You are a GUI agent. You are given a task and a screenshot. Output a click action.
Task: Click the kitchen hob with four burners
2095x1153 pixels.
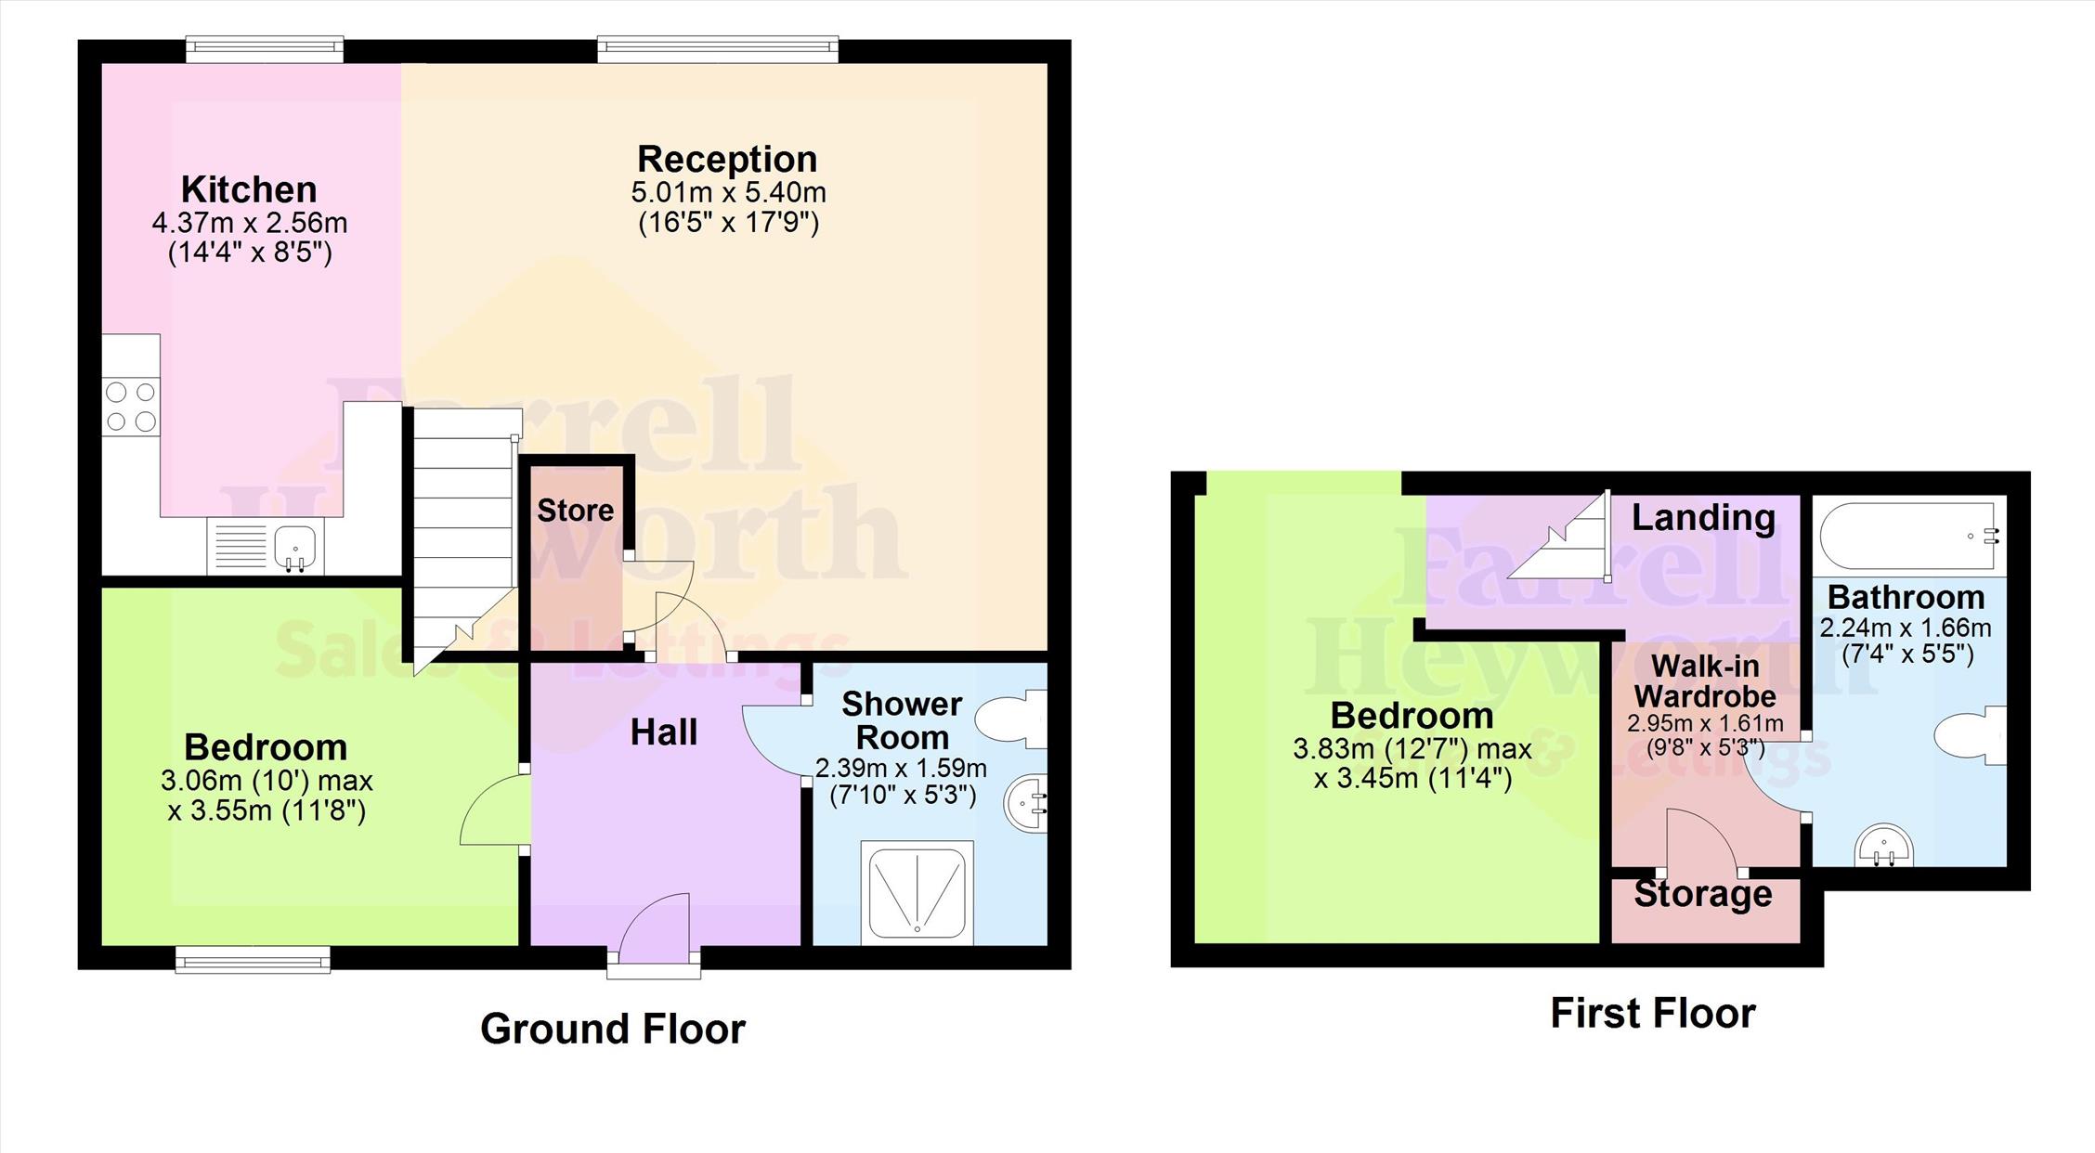(131, 407)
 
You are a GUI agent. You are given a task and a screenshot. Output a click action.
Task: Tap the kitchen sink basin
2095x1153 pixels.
(295, 545)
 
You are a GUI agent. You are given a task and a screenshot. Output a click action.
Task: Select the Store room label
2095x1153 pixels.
(576, 510)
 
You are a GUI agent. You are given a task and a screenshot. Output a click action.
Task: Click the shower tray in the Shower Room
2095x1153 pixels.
(917, 892)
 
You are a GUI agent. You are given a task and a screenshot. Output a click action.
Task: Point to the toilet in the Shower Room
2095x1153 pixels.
(1011, 718)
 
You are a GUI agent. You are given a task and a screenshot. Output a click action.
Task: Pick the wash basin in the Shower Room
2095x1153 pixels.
(1026, 803)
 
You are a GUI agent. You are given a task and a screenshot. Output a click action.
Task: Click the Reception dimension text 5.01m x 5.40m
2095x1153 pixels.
(728, 193)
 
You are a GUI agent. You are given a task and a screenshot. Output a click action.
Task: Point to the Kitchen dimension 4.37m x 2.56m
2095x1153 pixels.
(249, 223)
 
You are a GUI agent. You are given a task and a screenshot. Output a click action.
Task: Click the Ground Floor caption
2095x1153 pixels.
(613, 1029)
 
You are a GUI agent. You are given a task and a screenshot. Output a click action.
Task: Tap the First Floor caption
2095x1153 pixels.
(1653, 1013)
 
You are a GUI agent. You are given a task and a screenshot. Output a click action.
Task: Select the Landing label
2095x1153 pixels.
(1703, 517)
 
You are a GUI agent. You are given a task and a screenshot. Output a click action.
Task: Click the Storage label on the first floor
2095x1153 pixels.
(1703, 895)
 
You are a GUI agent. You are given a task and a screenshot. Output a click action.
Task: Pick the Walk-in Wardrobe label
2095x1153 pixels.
(1705, 680)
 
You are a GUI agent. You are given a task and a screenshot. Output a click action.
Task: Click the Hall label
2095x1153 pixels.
(664, 732)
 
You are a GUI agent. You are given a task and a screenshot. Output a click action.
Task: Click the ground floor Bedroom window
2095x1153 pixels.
(253, 960)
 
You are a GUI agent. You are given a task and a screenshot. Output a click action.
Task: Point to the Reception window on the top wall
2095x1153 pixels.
(718, 48)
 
